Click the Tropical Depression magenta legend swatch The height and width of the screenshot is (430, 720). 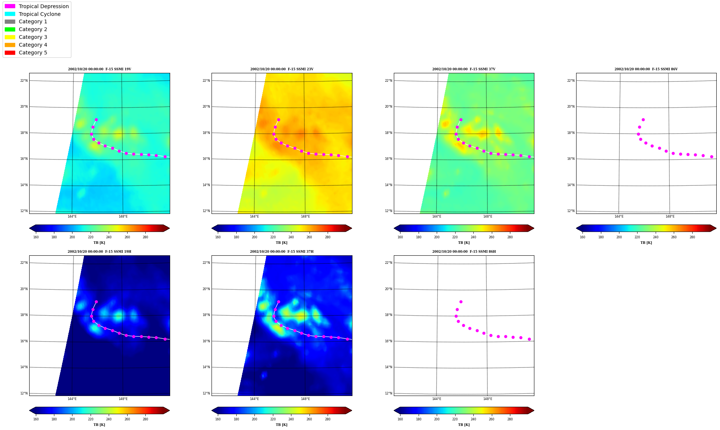click(10, 6)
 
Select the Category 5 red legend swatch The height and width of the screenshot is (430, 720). click(10, 53)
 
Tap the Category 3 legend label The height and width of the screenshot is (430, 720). click(33, 37)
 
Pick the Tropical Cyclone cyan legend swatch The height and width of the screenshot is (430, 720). click(10, 14)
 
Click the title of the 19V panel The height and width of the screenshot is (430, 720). click(99, 69)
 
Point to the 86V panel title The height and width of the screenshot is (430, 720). click(646, 69)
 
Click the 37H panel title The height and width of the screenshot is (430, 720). click(281, 252)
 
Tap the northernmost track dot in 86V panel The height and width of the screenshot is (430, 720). click(643, 120)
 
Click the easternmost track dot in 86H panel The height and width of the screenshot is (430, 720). click(529, 339)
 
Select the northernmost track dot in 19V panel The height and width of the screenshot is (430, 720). click(96, 120)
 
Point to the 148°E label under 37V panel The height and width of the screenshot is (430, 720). click(487, 216)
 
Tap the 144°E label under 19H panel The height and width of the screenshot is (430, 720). click(72, 399)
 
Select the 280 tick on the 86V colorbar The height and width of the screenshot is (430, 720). click(692, 237)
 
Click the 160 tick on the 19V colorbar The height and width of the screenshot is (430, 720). click(36, 237)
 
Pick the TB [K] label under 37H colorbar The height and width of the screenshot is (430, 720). click(281, 425)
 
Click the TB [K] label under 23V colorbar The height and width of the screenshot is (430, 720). click(281, 243)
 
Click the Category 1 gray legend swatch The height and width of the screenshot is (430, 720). click(10, 21)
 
